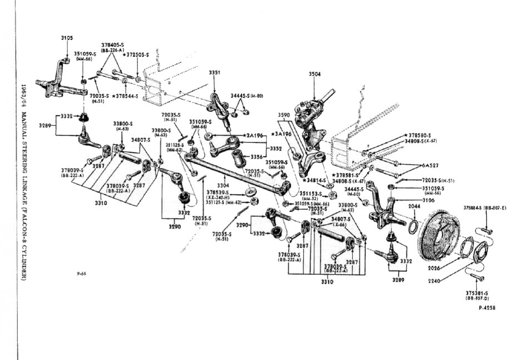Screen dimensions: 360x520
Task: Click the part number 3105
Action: pos(66,38)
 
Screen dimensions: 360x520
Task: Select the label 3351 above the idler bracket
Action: pos(215,73)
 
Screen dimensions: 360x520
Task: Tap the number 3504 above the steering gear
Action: pos(315,73)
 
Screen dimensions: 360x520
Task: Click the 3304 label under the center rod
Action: pos(222,185)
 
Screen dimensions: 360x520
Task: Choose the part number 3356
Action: pos(257,157)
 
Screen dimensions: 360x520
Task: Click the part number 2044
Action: pos(414,206)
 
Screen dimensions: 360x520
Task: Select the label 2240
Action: pos(435,281)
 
